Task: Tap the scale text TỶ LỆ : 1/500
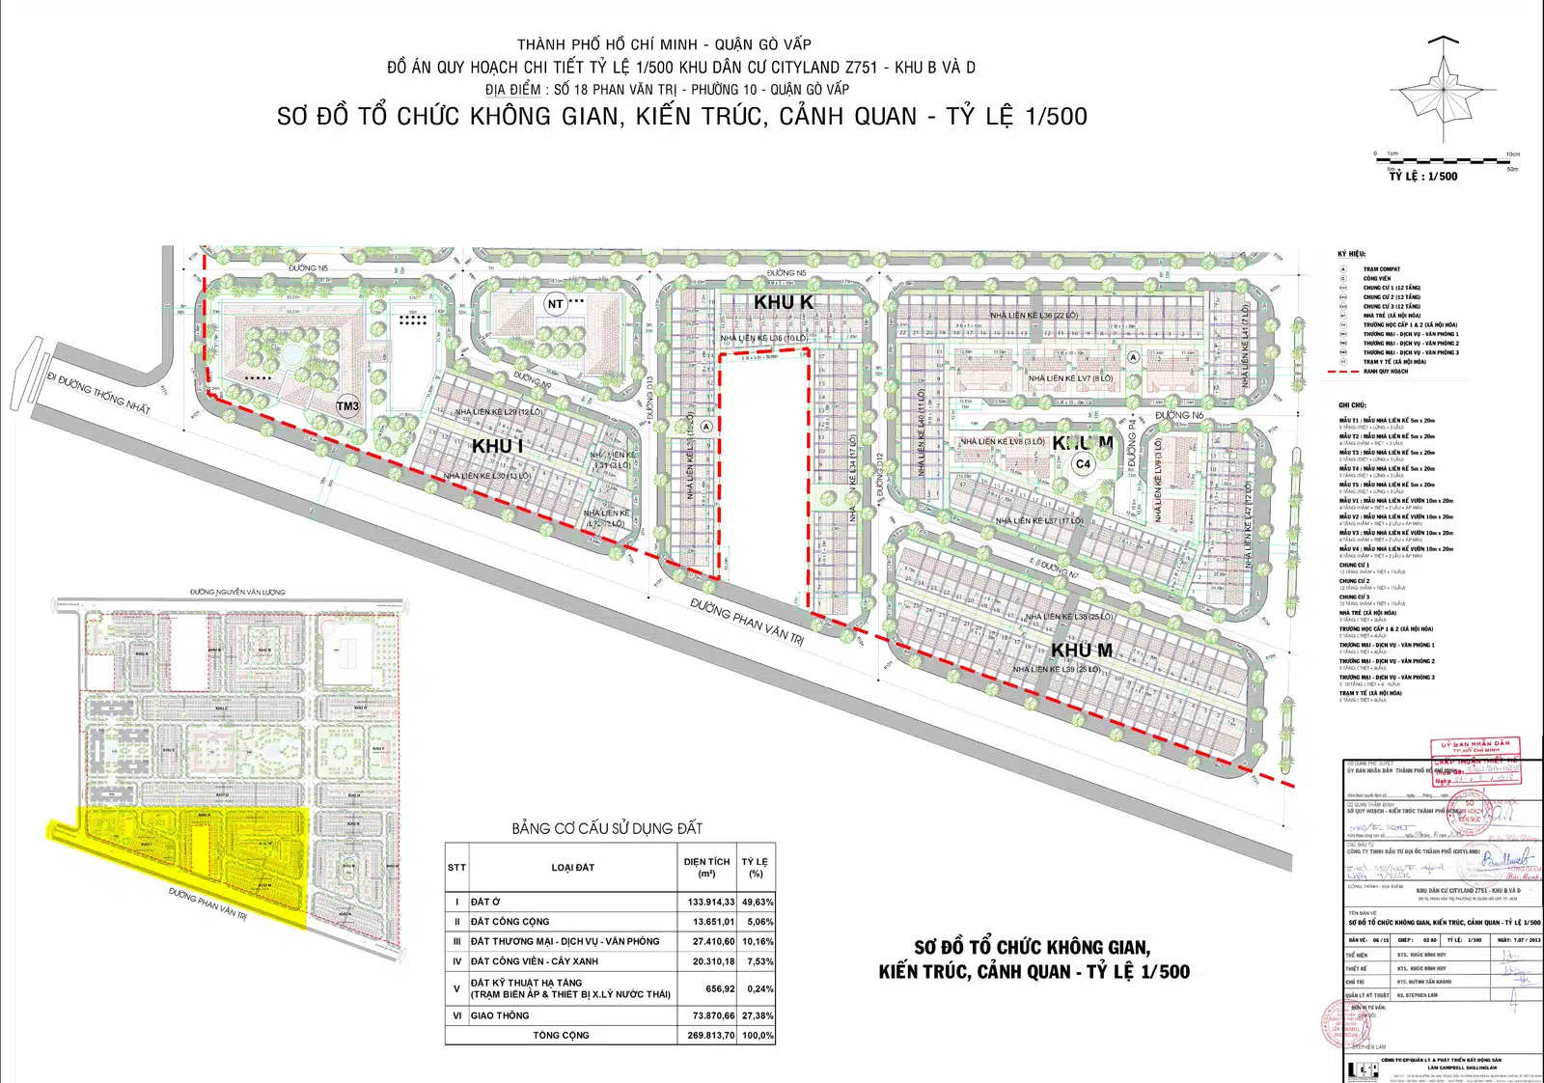[1422, 177]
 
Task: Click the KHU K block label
[783, 302]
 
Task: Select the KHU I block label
[497, 446]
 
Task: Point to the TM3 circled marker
[347, 406]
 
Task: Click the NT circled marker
[555, 304]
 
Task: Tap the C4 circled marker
[1083, 464]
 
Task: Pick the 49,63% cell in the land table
[757, 902]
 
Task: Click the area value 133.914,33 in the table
[710, 902]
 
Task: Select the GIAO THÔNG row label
[500, 1015]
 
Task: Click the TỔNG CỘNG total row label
[561, 1035]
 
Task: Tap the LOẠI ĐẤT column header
[572, 867]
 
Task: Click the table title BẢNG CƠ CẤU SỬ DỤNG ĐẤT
[607, 828]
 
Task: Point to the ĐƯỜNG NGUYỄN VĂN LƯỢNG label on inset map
[237, 592]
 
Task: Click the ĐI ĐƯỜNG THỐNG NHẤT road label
[98, 393]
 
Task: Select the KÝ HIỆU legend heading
[1351, 254]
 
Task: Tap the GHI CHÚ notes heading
[1352, 405]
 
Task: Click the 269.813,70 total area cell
[710, 1035]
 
